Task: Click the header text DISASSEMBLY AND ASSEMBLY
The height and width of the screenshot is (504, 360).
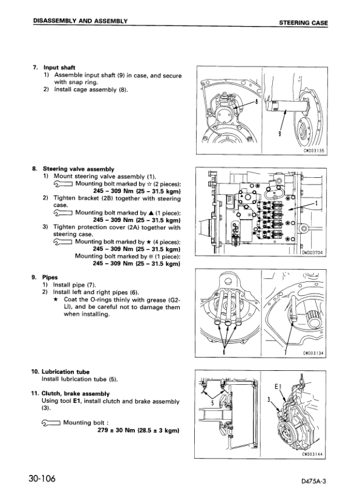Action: [80, 21]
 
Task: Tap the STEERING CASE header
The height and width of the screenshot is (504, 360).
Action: [304, 23]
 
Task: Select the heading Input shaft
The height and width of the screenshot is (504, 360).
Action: [59, 68]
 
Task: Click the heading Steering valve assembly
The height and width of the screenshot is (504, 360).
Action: [79, 169]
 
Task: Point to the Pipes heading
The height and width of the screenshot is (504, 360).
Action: [50, 277]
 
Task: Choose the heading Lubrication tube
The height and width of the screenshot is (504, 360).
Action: [65, 372]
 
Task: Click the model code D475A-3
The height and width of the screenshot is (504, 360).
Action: [314, 481]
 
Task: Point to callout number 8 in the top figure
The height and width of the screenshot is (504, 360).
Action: [257, 102]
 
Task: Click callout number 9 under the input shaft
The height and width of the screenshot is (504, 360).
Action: [280, 134]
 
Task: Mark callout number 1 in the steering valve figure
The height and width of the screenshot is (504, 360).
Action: [316, 203]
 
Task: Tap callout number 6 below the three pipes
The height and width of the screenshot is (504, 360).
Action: [224, 352]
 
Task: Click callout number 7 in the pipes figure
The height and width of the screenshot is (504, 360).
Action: [286, 353]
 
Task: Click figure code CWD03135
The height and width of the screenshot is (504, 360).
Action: [313, 151]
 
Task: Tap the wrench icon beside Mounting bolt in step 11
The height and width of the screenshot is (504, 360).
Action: [51, 424]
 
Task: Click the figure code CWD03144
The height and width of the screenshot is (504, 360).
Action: [313, 454]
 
